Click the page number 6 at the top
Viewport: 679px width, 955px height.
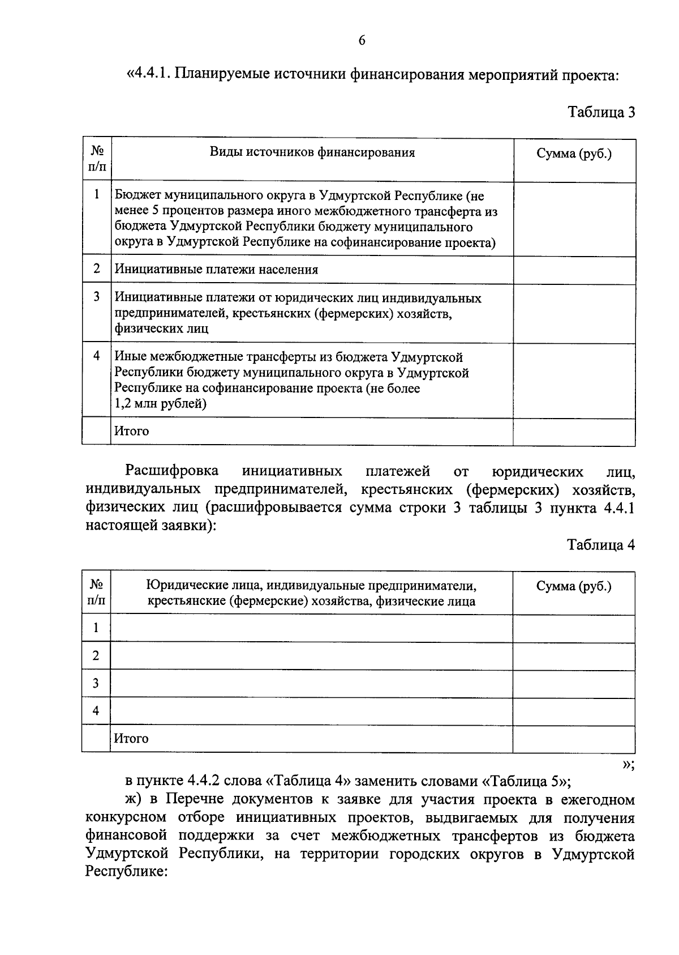(x=362, y=40)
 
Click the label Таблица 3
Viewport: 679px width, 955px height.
(x=601, y=112)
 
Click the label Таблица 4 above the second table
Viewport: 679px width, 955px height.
(x=601, y=545)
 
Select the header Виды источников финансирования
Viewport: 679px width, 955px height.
(x=312, y=152)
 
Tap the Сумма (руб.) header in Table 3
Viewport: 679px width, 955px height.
(x=574, y=154)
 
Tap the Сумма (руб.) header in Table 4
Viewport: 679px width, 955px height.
(x=574, y=586)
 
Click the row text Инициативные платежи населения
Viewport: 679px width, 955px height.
(x=216, y=270)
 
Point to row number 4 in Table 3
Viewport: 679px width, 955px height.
(x=97, y=356)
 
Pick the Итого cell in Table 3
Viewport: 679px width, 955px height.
(x=131, y=431)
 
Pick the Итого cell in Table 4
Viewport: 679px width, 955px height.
(x=131, y=739)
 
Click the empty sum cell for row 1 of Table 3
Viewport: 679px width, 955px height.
(x=574, y=219)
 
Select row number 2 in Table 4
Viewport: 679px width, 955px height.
(x=96, y=656)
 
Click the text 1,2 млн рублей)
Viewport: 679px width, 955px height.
(x=160, y=404)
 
